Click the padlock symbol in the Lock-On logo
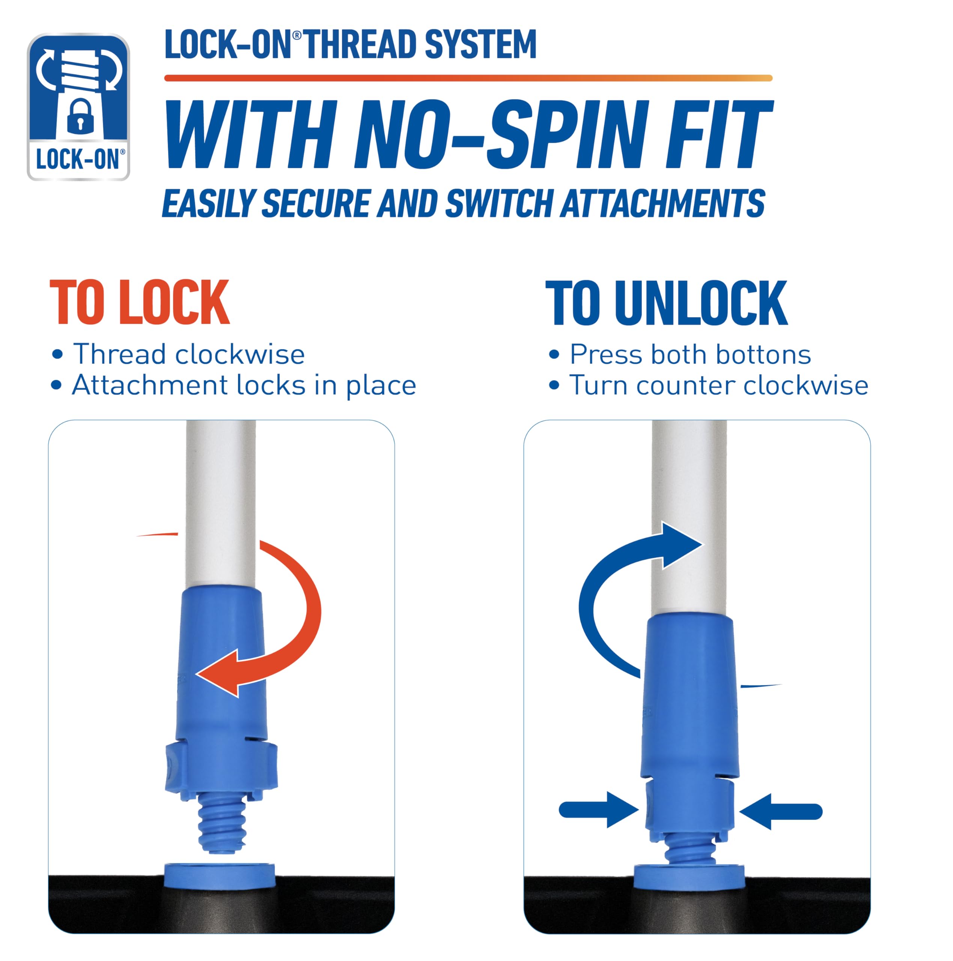[80, 116]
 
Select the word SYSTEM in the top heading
[480, 45]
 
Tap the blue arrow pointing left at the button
[781, 812]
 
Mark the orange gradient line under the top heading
[468, 78]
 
